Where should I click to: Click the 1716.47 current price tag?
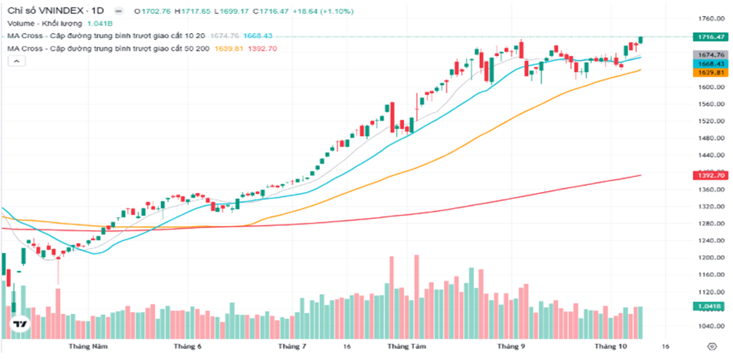[710, 37]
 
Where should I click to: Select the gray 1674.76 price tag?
[710, 55]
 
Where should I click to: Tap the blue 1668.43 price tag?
[710, 64]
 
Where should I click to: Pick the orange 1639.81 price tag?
[710, 73]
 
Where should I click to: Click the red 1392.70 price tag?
[710, 176]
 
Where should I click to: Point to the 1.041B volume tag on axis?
[710, 305]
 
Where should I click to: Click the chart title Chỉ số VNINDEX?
[47, 11]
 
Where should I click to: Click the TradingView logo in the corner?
[19, 325]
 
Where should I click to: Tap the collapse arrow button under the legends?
[17, 61]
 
